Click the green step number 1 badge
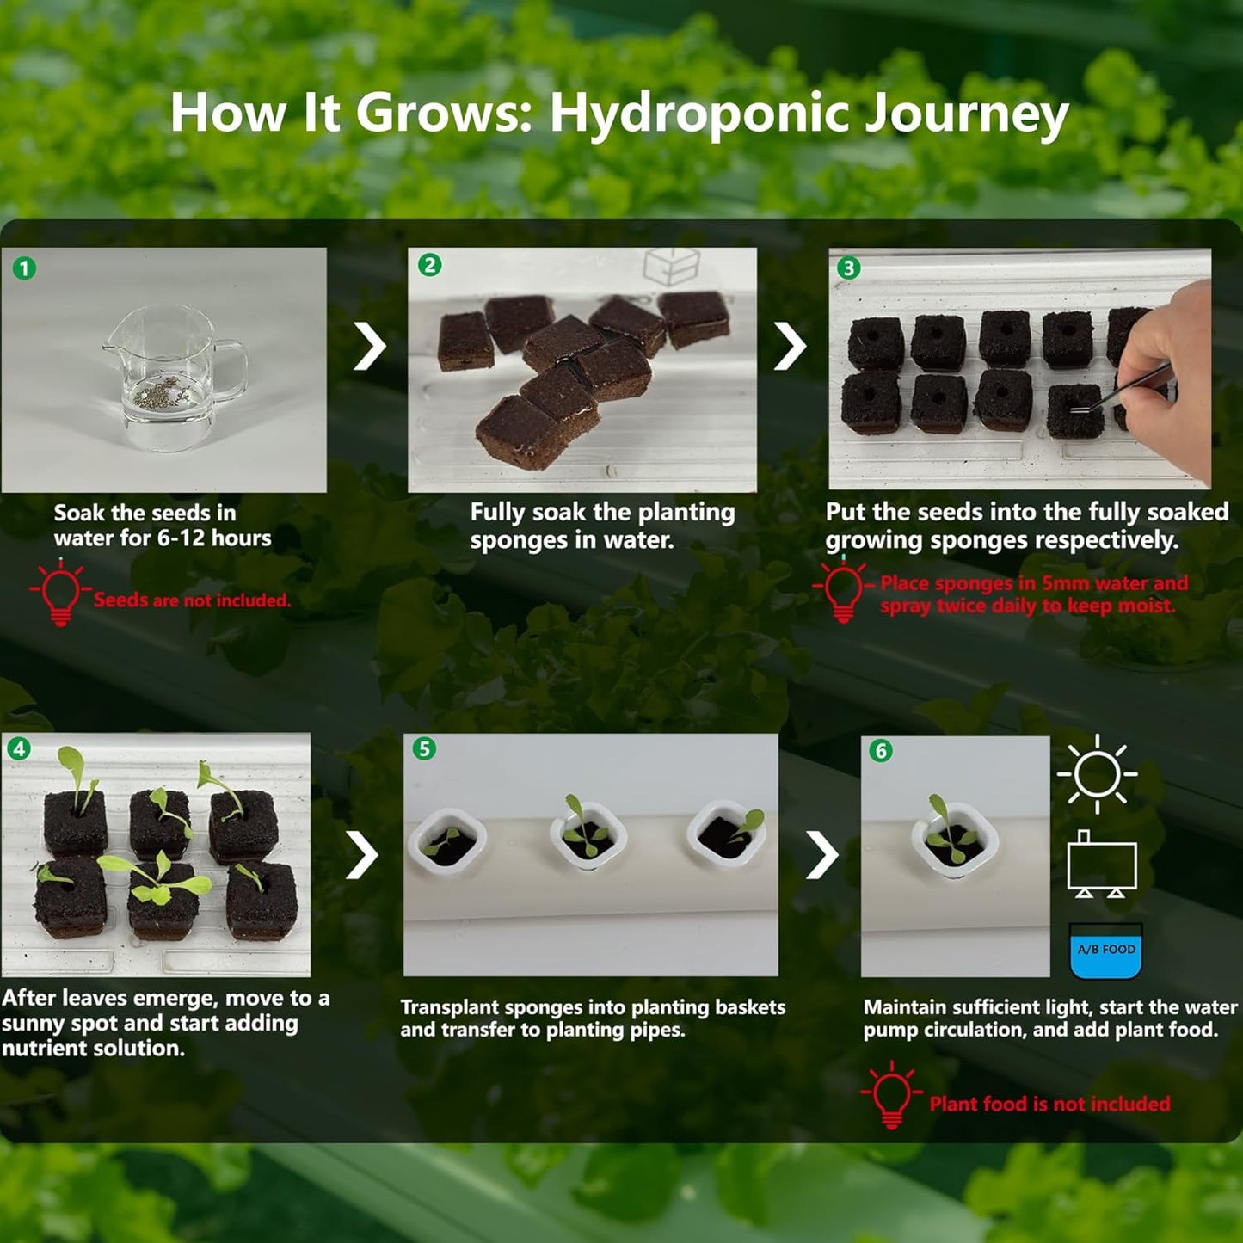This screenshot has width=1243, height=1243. tap(24, 268)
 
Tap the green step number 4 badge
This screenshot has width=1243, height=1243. tap(19, 748)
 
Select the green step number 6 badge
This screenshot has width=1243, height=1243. tap(880, 751)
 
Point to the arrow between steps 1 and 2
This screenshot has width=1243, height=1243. tap(370, 347)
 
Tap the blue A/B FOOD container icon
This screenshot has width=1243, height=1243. tap(1105, 951)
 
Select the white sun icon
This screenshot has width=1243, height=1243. tap(1097, 773)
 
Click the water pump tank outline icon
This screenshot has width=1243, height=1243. tap(1102, 865)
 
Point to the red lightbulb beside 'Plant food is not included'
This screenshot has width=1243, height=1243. tap(892, 1095)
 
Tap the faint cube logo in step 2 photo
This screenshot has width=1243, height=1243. tap(671, 266)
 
